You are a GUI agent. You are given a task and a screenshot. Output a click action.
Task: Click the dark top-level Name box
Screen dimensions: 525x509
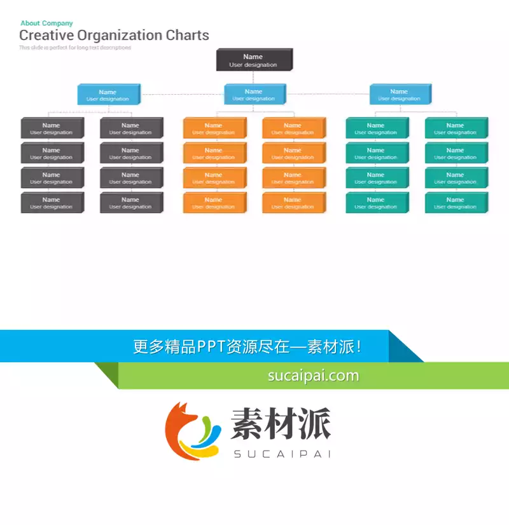click(253, 60)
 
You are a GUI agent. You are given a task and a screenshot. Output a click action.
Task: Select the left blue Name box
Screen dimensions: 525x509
click(108, 95)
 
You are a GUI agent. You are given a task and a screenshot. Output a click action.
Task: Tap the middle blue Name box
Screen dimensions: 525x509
click(253, 95)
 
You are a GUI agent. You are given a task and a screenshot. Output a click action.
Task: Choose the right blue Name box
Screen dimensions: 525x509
click(399, 95)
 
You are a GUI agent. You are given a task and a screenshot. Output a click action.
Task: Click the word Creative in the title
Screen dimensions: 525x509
click(46, 36)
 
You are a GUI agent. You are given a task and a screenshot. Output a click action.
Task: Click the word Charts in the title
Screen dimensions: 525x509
click(187, 36)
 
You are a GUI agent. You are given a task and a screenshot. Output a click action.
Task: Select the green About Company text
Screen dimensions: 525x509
click(46, 24)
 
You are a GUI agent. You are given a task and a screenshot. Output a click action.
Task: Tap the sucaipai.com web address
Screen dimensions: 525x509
click(313, 376)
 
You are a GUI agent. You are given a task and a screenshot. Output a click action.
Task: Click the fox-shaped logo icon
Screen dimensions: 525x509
click(192, 431)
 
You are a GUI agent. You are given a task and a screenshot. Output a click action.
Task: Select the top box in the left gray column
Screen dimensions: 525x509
click(52, 128)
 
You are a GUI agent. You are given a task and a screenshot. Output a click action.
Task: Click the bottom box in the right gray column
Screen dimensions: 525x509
click(130, 203)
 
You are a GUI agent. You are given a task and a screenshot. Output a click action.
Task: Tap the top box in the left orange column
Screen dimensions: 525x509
click(214, 128)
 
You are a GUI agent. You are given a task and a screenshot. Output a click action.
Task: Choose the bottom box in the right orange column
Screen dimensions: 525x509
click(293, 203)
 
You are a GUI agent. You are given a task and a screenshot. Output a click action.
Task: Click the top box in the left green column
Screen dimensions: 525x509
click(376, 128)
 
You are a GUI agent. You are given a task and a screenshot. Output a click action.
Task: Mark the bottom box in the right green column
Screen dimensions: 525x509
click(456, 203)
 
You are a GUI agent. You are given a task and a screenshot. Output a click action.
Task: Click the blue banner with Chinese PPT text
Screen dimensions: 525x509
click(248, 347)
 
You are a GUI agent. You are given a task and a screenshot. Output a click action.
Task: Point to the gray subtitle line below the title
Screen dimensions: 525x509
click(75, 48)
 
